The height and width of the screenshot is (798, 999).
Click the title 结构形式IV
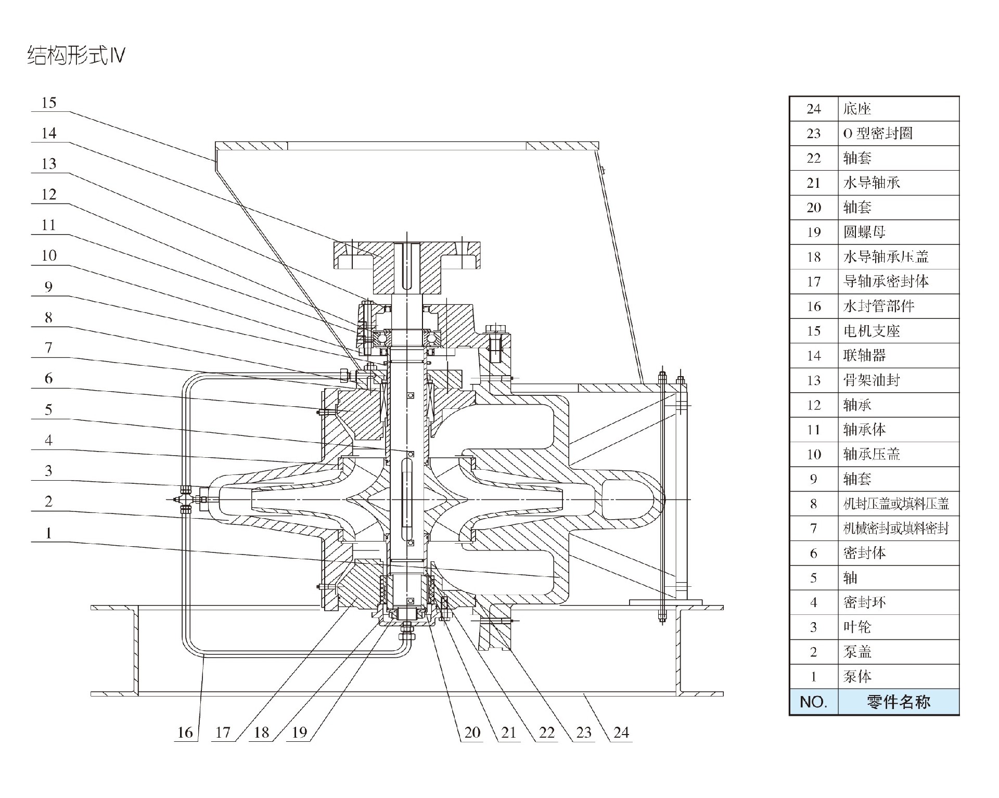pyautogui.click(x=76, y=55)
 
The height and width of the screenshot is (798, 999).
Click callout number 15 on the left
pyautogui.click(x=48, y=102)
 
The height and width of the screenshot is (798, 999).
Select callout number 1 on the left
pyautogui.click(x=48, y=533)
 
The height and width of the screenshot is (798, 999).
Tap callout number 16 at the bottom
pyautogui.click(x=185, y=732)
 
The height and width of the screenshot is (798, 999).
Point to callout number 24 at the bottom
pyautogui.click(x=621, y=732)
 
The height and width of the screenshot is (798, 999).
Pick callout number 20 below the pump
pyautogui.click(x=472, y=732)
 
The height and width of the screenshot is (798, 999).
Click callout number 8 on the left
pyautogui.click(x=48, y=317)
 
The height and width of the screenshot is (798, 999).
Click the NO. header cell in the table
pyautogui.click(x=814, y=702)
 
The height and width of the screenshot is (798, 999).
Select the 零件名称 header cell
pyautogui.click(x=898, y=702)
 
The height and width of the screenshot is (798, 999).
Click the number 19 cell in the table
pyautogui.click(x=814, y=232)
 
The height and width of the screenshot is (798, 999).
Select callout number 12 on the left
pyautogui.click(x=48, y=195)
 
